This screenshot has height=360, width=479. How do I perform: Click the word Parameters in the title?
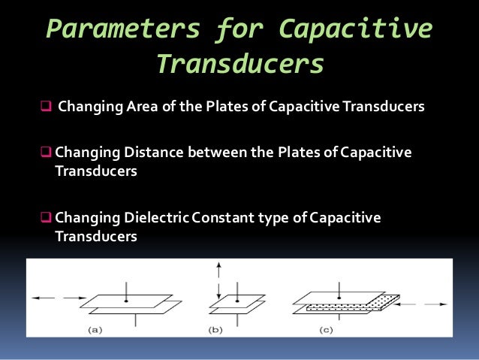coord(123,29)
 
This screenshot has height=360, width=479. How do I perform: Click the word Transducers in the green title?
coord(239,65)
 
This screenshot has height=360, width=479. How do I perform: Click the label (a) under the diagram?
coord(95,329)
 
